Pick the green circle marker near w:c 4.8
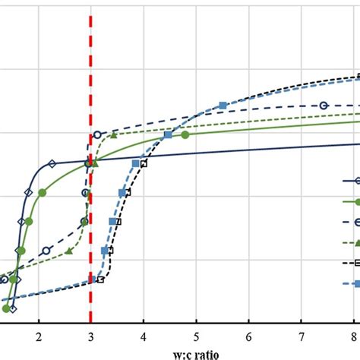pos(185,134)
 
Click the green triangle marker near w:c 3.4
pos(113,135)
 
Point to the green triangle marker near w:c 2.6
pos(69,250)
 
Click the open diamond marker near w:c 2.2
pos(52,163)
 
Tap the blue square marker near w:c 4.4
pos(168,135)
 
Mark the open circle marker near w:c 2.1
pos(46,250)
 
